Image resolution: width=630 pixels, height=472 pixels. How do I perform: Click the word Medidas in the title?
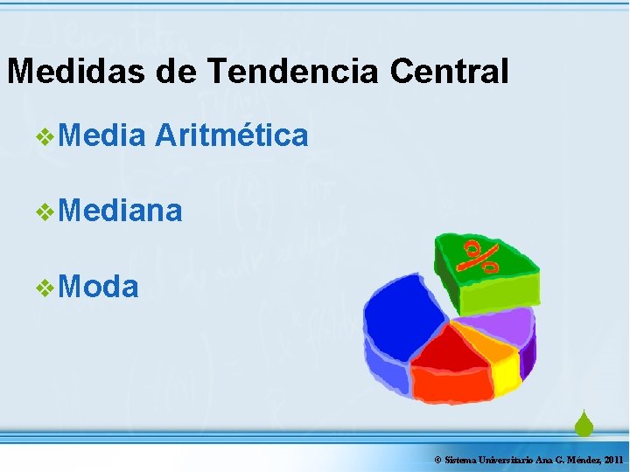77,71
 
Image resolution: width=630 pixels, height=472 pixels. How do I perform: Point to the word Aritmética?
231,135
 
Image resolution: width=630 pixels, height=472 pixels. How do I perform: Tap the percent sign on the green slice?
481,257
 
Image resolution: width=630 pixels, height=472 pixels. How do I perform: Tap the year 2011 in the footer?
612,460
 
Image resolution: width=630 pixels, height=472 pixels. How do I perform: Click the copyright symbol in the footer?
437,460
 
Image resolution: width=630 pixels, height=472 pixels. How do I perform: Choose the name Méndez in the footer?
582,460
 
